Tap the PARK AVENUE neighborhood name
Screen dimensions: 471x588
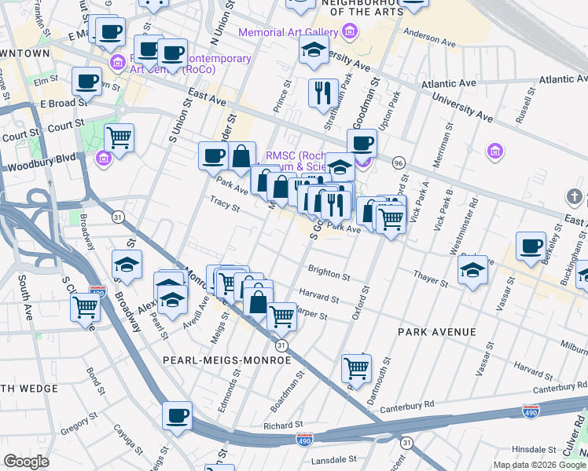(436, 332)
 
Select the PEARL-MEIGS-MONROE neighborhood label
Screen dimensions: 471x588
(226, 360)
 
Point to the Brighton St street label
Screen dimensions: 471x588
(329, 276)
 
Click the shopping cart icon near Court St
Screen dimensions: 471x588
(119, 138)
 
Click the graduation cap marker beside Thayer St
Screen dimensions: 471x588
(473, 270)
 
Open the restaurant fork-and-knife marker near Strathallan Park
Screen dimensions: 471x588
(323, 93)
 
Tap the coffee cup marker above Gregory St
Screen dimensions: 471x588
(177, 415)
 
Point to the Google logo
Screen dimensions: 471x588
(26, 462)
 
